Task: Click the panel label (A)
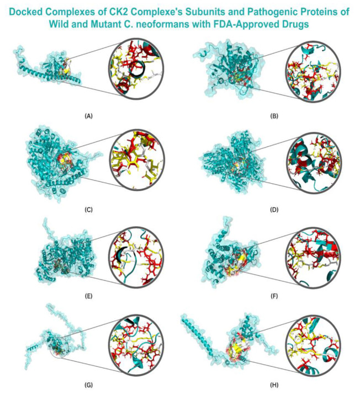click(88, 116)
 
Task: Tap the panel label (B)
click(274, 116)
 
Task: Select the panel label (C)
click(88, 210)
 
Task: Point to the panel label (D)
click(274, 210)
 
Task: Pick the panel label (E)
click(88, 296)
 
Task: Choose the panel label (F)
click(274, 296)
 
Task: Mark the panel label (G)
click(88, 385)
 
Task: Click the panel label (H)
click(274, 385)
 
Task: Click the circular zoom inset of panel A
click(136, 68)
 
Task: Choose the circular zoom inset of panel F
click(314, 258)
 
